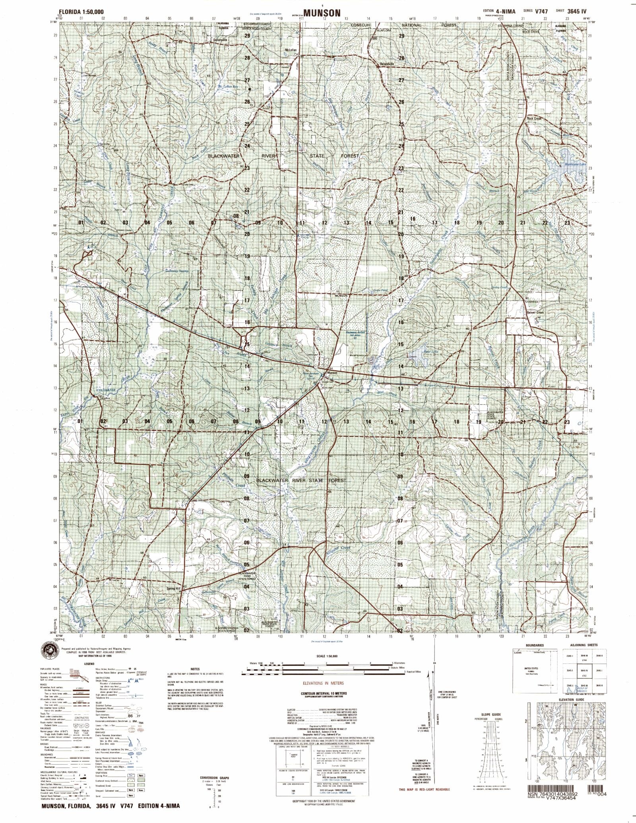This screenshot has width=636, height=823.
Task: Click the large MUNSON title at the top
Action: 322,13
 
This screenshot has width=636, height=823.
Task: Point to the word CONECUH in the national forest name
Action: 361,25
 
